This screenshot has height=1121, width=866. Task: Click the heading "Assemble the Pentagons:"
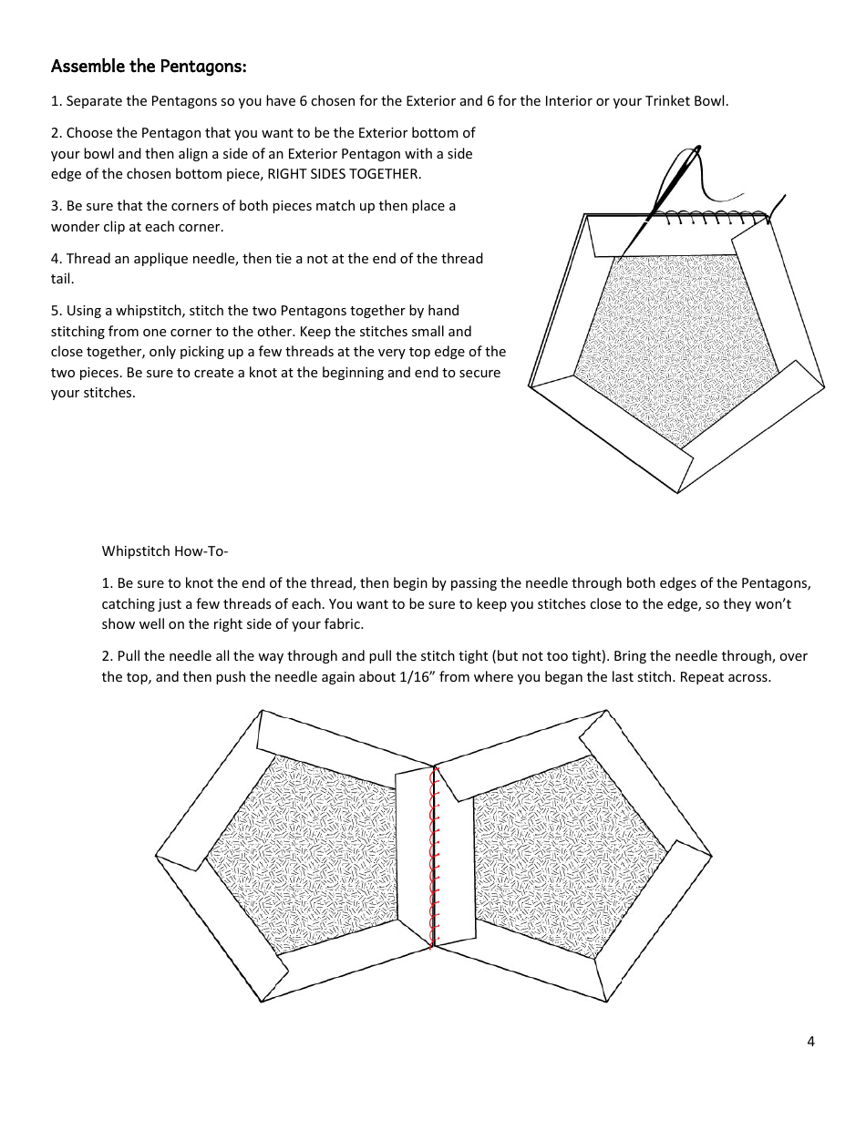[149, 67]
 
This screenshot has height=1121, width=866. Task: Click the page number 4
[810, 1042]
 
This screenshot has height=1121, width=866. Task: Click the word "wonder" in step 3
[74, 226]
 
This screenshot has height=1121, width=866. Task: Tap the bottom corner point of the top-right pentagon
[677, 493]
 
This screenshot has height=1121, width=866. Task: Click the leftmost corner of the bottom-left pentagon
[157, 856]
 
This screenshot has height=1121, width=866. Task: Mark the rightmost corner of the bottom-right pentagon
[712, 856]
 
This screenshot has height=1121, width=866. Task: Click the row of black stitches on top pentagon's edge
[711, 216]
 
